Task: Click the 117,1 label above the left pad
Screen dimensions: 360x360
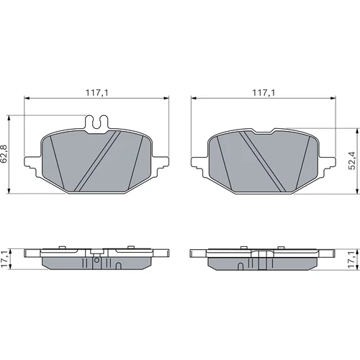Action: tap(97, 93)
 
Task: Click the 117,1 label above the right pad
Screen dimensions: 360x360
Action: tap(264, 93)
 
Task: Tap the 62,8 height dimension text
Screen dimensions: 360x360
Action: tap(4, 154)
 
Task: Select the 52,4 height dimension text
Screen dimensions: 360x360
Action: tap(353, 161)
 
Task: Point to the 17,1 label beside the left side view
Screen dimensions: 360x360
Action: tap(4, 259)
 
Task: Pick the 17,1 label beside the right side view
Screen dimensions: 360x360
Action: tap(353, 259)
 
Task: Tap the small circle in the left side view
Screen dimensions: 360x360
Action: tap(96, 260)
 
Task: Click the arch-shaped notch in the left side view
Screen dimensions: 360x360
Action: tap(118, 266)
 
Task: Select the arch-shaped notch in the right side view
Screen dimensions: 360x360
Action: tap(241, 266)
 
